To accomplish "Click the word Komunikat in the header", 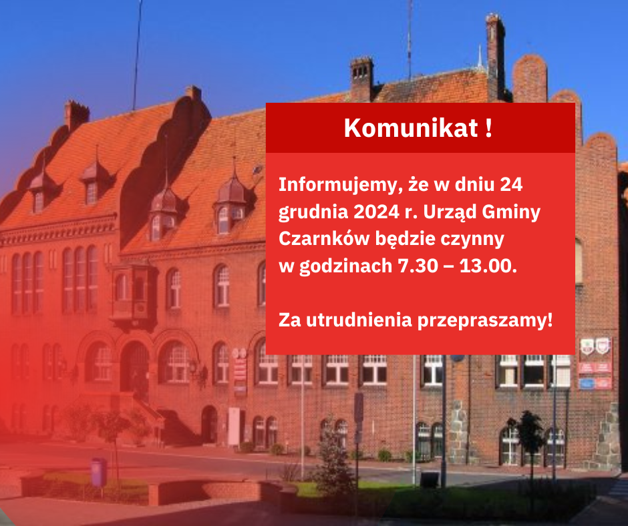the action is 411,128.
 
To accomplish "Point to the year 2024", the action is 377,212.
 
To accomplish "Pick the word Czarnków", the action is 324,238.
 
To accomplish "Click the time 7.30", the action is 418,266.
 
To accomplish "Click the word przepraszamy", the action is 485,321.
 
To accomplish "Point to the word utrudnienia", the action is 359,320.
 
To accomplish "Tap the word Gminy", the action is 511,212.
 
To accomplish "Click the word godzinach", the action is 345,266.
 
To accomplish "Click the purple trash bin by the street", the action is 98,473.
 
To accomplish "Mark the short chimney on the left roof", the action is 76,115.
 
